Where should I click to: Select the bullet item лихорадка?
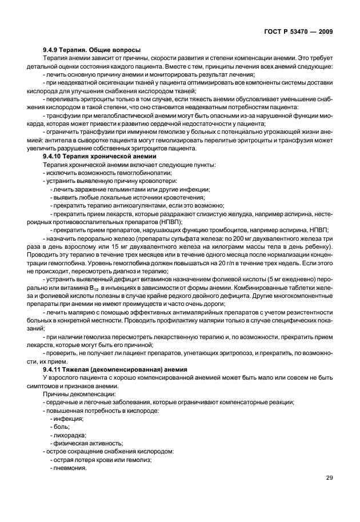click(70, 435)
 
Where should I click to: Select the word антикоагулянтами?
click(146, 205)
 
